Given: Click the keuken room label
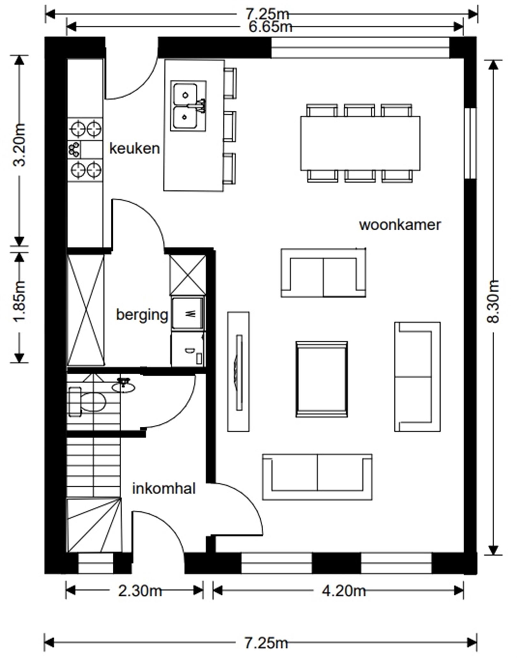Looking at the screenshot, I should point(134,149).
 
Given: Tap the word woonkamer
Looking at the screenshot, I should point(400,225).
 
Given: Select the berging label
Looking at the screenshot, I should point(142,315).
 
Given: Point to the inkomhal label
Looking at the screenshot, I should point(164,489).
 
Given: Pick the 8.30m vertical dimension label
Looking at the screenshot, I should point(493,302).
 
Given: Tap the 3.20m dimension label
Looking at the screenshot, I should point(20,145).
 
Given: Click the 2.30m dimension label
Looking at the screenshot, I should point(140,591).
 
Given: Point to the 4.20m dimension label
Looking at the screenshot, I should point(343,591).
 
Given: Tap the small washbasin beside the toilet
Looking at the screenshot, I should point(123,387).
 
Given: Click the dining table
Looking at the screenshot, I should point(360,143).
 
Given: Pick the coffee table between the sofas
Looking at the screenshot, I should point(321,379).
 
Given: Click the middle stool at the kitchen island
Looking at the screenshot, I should point(230,126).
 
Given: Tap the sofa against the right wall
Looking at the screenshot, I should point(417,377).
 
